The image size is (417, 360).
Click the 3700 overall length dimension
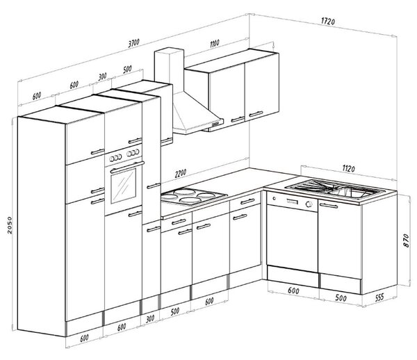coord(133,43)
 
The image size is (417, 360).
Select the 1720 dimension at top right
coord(328,22)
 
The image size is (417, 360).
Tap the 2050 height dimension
coord(10,225)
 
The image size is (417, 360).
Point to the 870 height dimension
coord(406,240)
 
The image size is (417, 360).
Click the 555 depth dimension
coord(379,297)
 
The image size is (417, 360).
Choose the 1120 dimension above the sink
coord(348,169)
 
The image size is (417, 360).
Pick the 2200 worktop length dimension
coord(180,173)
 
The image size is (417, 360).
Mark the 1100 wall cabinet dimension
coord(214,43)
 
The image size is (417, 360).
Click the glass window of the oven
coord(123,186)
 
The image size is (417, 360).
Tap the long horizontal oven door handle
coord(127,167)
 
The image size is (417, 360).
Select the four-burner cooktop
coord(194,197)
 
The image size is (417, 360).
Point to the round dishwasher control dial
coord(309,204)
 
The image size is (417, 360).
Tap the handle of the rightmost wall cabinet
coord(256,114)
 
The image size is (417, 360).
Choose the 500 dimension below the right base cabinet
coord(341,297)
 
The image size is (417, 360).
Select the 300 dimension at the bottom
coord(150,318)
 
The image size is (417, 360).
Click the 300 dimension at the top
coord(102,76)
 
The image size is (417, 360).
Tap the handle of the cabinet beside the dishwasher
coord(328,206)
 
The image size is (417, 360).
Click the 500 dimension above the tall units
coord(127,69)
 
